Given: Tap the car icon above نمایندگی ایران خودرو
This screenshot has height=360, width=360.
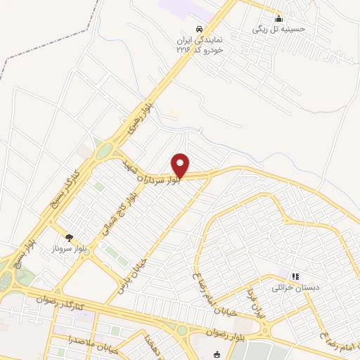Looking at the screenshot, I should click(x=200, y=29).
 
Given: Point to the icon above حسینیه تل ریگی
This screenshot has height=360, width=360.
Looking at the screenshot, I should click(x=279, y=19).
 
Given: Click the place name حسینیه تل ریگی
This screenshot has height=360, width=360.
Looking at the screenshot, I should click(x=279, y=30).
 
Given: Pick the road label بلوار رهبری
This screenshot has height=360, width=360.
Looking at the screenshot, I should click(x=136, y=121).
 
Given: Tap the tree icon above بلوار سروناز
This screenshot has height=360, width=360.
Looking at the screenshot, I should click(x=69, y=239).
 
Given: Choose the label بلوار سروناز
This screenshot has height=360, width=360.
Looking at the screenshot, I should click(x=69, y=249).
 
